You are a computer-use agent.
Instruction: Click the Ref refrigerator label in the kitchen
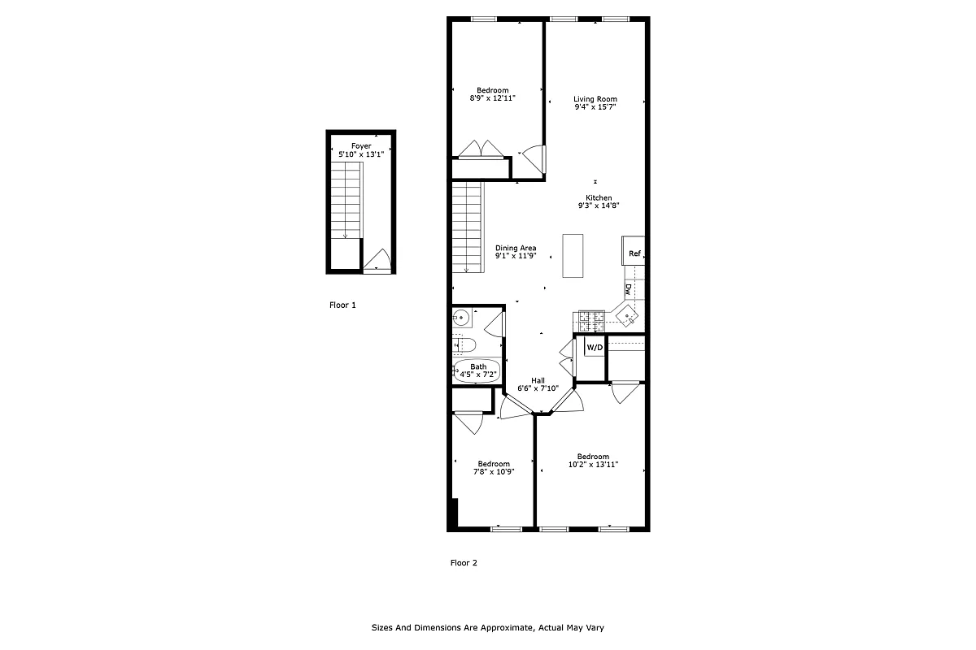click(x=634, y=254)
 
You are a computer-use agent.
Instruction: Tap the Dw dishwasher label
click(x=629, y=288)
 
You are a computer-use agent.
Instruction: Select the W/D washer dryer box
click(x=595, y=348)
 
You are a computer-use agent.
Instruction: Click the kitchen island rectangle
click(x=573, y=256)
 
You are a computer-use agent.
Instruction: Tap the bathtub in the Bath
click(x=476, y=371)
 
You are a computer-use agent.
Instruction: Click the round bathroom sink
click(x=460, y=318)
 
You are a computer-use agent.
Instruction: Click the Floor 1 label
click(x=342, y=305)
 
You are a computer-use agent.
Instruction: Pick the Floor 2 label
click(x=464, y=562)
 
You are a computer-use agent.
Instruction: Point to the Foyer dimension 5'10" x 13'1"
click(x=361, y=154)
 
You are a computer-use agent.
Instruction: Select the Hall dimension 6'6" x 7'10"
click(x=538, y=388)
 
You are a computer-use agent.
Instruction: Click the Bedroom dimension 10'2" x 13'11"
click(x=593, y=465)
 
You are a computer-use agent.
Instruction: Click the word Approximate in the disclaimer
click(x=504, y=627)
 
